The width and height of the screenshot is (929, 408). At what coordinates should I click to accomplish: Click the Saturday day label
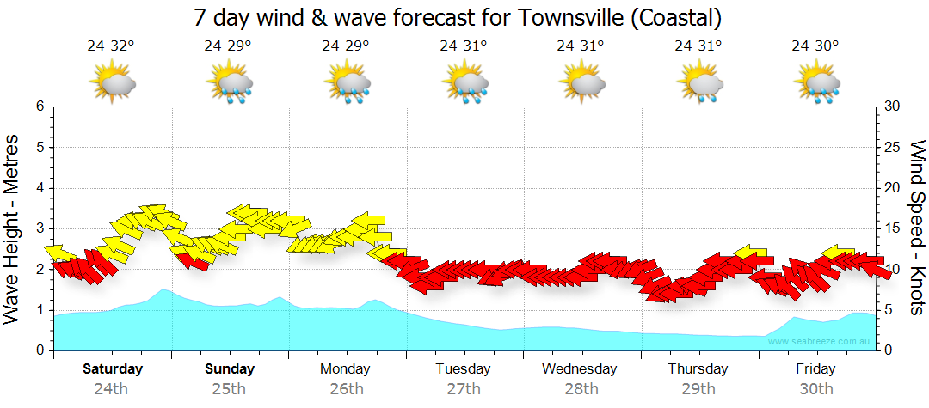pyautogui.click(x=113, y=369)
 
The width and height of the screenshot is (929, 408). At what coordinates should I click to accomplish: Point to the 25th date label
pyautogui.click(x=230, y=388)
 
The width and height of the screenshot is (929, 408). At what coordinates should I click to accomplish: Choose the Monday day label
pyautogui.click(x=345, y=369)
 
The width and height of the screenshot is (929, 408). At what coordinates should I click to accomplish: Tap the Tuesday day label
pyautogui.click(x=463, y=369)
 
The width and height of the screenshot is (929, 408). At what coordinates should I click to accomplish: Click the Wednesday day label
pyautogui.click(x=580, y=369)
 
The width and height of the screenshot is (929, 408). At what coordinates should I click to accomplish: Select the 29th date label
pyautogui.click(x=698, y=388)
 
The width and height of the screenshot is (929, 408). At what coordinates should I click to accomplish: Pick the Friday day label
pyautogui.click(x=815, y=369)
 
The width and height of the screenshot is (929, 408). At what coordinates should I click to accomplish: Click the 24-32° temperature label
pyautogui.click(x=111, y=46)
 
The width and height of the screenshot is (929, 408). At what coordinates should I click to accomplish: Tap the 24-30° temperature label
pyautogui.click(x=815, y=46)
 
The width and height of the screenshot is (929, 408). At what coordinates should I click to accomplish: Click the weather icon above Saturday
pyautogui.click(x=113, y=83)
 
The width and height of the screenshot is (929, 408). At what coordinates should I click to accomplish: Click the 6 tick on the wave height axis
pyautogui.click(x=40, y=107)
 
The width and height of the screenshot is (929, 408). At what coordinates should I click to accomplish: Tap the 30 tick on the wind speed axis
pyautogui.click(x=893, y=107)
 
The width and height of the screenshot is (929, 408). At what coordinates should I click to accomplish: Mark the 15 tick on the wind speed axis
pyautogui.click(x=893, y=228)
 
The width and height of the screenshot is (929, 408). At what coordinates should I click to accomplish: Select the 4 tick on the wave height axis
pyautogui.click(x=40, y=188)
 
